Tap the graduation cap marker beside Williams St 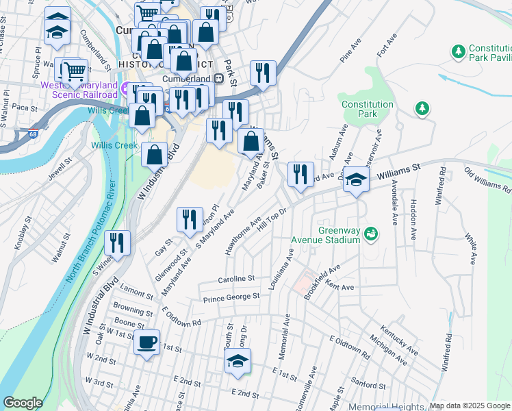pyautogui.click(x=356, y=181)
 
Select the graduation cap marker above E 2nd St pyautogui.click(x=238, y=362)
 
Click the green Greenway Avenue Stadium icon pyautogui.click(x=371, y=234)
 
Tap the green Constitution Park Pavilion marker pyautogui.click(x=458, y=50)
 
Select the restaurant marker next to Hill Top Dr pyautogui.click(x=300, y=175)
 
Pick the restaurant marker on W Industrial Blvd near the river pyautogui.click(x=118, y=243)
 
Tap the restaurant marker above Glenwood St pyautogui.click(x=190, y=220)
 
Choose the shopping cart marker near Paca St pyautogui.click(x=74, y=71)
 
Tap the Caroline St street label pyautogui.click(x=236, y=279)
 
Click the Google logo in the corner pyautogui.click(x=23, y=403)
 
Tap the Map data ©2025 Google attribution pyautogui.click(x=470, y=406)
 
